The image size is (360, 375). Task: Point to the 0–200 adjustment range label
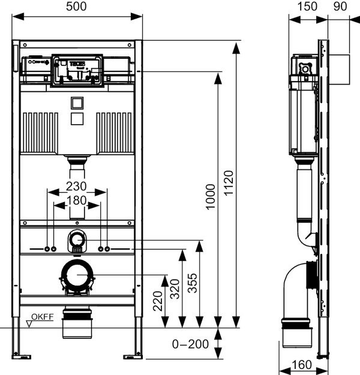pyautogui.click(x=190, y=344)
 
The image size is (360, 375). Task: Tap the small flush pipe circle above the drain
pyautogui.click(x=77, y=241)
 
